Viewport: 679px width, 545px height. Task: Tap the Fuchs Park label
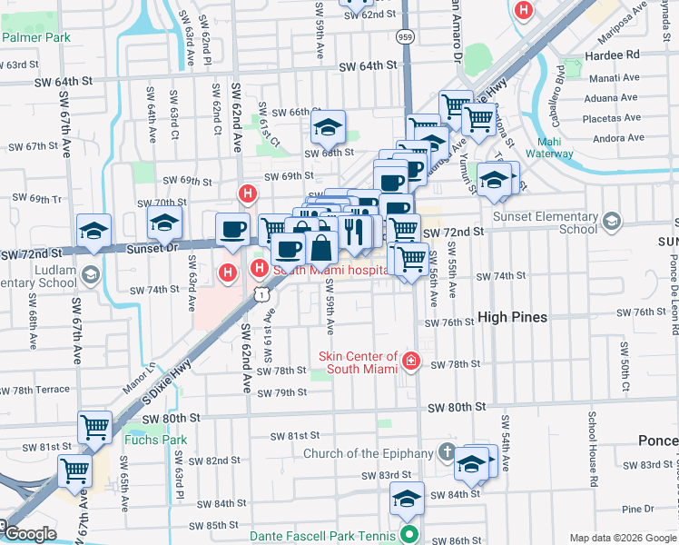coord(155,441)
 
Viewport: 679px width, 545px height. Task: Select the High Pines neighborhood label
coord(512,317)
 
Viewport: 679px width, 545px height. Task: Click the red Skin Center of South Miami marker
coord(410,362)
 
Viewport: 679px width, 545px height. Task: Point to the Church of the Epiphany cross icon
coord(446,451)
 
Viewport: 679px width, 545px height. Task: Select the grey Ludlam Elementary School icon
coord(89,274)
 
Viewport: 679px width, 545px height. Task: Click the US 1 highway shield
coord(261,293)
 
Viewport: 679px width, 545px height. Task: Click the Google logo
coord(30,534)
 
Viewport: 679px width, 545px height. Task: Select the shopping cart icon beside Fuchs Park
coord(94,425)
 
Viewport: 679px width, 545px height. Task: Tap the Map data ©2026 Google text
coord(623,538)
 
